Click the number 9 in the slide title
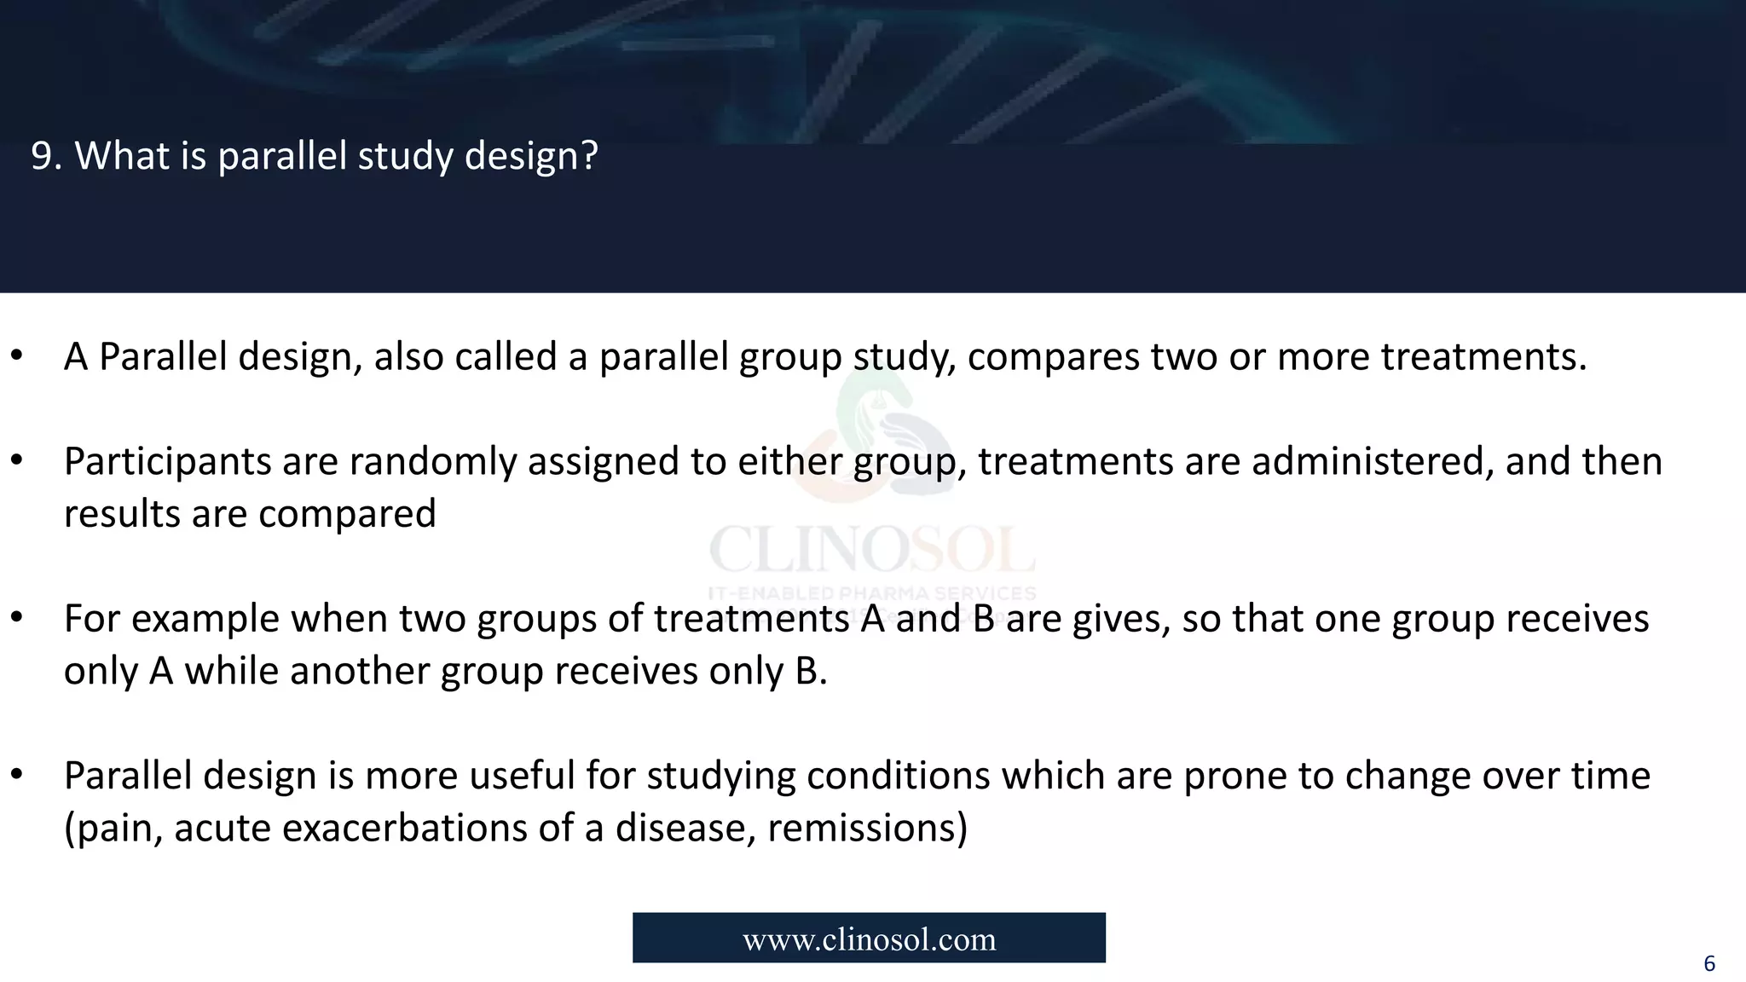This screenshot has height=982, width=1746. tap(41, 156)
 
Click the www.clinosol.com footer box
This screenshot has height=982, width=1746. tap(869, 939)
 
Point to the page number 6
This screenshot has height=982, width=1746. tap(1708, 964)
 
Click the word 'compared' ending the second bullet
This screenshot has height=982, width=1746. tap(347, 514)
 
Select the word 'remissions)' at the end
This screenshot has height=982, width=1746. tap(867, 829)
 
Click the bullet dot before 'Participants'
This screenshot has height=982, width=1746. tap(16, 460)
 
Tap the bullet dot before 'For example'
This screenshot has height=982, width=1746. tap(16, 618)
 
